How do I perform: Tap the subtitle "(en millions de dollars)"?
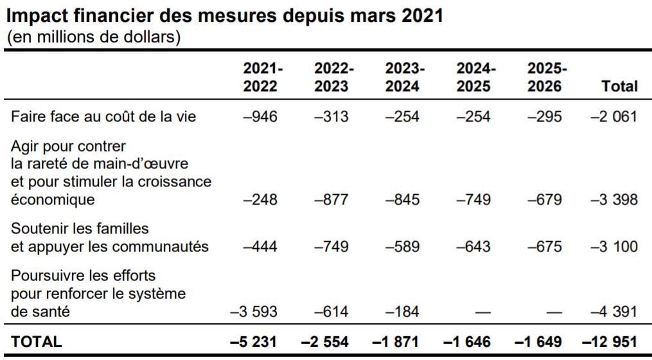pos(94,37)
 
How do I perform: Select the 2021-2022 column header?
pos(260,77)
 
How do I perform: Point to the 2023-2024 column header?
pos(402,77)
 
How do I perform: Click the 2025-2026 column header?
pos(544,77)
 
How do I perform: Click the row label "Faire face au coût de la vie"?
pos(103,116)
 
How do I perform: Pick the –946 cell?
pos(260,116)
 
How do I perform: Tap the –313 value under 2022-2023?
pos(331,116)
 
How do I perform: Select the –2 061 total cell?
pos(613,116)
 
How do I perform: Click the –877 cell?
pos(331,199)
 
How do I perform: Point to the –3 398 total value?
pos(613,199)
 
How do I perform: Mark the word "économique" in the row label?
pos(53,200)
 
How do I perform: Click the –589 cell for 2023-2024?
pos(402,246)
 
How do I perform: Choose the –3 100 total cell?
pos(613,246)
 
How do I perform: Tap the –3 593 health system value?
pos(254,312)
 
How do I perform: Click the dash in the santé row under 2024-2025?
pos(482,312)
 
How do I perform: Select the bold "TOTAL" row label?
pos(36,342)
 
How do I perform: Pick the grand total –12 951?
pos(609,342)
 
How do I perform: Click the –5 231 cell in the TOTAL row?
pos(254,342)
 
